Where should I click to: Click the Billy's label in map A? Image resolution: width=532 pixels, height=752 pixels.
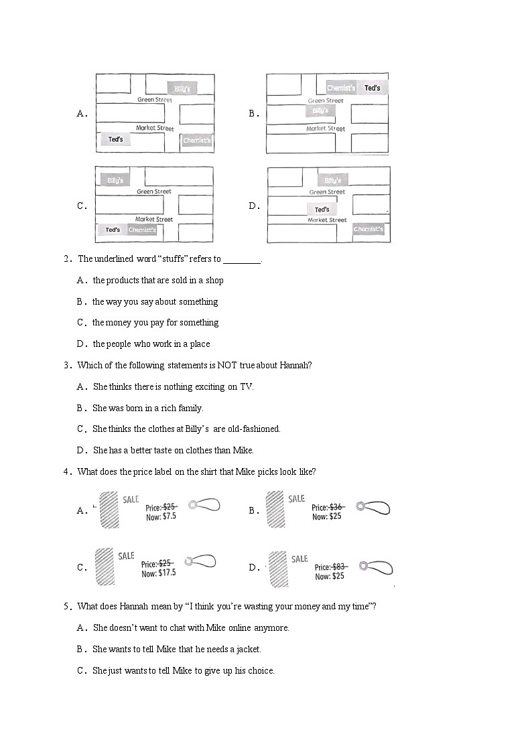[182, 88]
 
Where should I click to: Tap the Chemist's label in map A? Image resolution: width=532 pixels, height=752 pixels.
[196, 141]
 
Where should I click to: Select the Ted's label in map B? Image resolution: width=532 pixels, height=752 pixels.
[372, 88]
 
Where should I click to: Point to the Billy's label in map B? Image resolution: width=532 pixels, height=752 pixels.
[320, 110]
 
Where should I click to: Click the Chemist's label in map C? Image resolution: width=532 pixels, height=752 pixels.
[142, 230]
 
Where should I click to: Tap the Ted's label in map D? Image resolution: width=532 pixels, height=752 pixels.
[322, 210]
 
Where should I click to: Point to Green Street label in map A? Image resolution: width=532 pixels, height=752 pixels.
[155, 100]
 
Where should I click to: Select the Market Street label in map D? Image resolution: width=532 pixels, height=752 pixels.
[327, 220]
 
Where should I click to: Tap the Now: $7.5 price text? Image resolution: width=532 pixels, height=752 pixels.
[161, 517]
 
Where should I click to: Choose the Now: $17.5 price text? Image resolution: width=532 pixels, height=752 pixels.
[158, 573]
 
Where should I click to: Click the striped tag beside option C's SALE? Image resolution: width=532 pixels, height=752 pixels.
[103, 567]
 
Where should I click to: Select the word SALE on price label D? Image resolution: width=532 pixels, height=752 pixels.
[300, 558]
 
